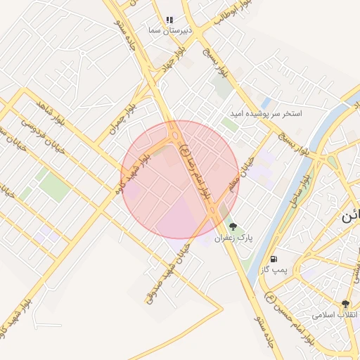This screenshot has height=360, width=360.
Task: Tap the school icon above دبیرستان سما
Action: click(169, 20)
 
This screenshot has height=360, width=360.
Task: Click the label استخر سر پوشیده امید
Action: click(266, 113)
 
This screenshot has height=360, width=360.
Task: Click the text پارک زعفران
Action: click(234, 238)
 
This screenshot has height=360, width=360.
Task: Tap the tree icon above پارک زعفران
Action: click(233, 226)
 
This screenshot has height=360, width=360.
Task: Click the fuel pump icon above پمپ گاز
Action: click(274, 259)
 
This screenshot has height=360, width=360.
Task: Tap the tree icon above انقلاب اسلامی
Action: click(345, 303)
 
